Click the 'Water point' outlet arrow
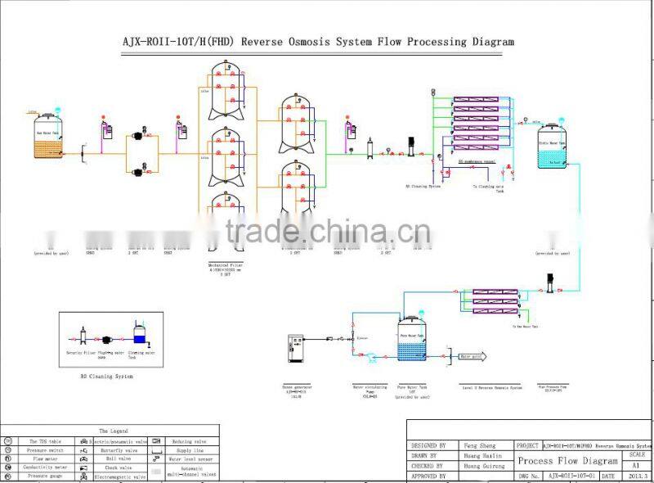pyautogui.click(x=471, y=357)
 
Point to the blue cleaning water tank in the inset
pyautogui.click(x=139, y=336)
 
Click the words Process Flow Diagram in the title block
pyautogui.click(x=567, y=461)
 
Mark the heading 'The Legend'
pyautogui.click(x=114, y=431)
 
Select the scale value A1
pyautogui.click(x=636, y=463)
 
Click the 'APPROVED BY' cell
pyautogui.click(x=430, y=476)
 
